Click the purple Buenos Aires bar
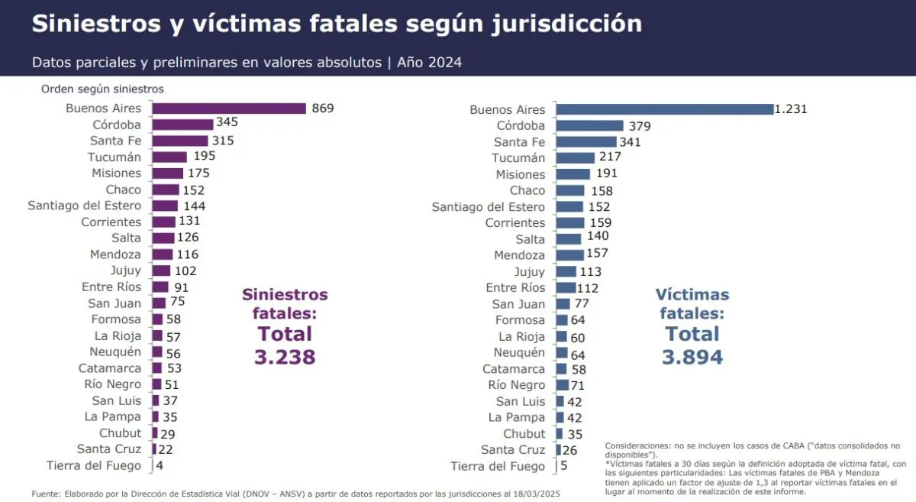228,108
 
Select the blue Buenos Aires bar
664,109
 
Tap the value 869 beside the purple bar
323,108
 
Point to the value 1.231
791,109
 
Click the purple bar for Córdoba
182,125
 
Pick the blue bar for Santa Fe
585,142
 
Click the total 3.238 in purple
285,357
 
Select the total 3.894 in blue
692,357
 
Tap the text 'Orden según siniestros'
102,89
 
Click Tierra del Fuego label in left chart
94,465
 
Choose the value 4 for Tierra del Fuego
160,465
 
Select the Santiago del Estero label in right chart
489,207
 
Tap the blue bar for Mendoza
569,255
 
